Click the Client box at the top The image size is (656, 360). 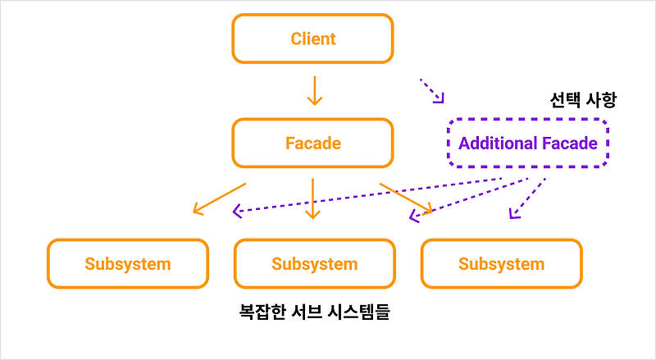coord(312,39)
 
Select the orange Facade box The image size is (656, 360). coord(312,143)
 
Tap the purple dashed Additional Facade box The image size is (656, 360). coord(528,143)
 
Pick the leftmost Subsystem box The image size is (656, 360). coord(127,264)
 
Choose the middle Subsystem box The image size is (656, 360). coord(314,264)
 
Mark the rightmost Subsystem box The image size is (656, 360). coord(501,264)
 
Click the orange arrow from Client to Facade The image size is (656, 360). coord(312,89)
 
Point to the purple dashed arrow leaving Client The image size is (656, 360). coord(432,90)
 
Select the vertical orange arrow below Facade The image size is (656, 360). coord(312,198)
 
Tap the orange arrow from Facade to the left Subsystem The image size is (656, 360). coord(219,198)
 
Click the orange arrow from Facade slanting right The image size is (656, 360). coord(407,198)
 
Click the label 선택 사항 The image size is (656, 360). coord(582,101)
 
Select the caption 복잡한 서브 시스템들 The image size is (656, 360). coord(313,313)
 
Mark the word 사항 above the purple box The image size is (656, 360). coord(599,101)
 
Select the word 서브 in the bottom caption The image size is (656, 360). coord(311,313)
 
